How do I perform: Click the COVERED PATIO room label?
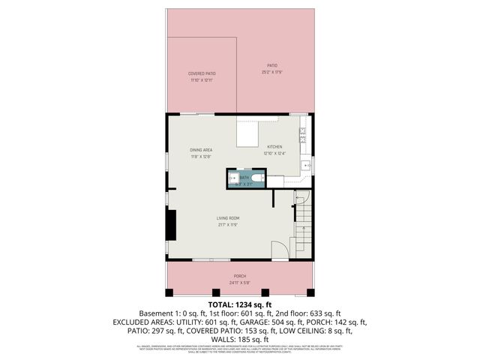[x=202, y=73]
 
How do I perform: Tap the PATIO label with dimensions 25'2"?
[x=271, y=65]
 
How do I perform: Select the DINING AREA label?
[x=200, y=149]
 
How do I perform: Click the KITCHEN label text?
[x=275, y=147]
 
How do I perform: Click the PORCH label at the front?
[x=240, y=276]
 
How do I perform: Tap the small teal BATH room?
[x=245, y=178]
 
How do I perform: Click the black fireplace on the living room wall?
[x=172, y=223]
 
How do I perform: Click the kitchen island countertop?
[x=248, y=133]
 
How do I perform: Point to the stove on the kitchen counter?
[x=303, y=135]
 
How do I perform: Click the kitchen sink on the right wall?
[x=306, y=165]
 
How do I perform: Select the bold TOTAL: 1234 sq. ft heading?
[x=239, y=304]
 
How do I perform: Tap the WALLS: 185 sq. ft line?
[x=240, y=340]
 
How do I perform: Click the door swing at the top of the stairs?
[x=301, y=196]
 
